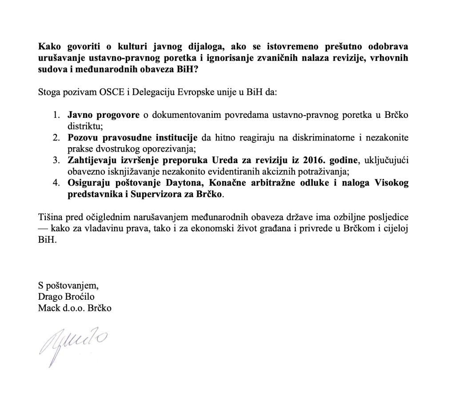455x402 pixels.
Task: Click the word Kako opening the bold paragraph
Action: tap(49, 47)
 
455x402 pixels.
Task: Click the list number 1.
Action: tap(56, 115)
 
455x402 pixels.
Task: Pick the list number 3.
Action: tap(56, 160)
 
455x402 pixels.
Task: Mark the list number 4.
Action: tap(56, 183)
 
